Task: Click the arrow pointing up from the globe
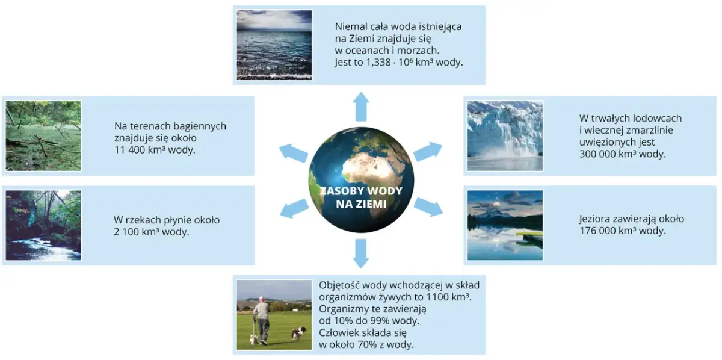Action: tap(361, 107)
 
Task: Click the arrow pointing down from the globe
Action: tap(361, 253)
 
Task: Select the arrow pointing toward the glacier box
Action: tap(428, 151)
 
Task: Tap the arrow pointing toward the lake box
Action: tap(428, 206)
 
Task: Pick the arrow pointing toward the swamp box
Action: tap(294, 153)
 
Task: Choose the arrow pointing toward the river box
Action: tap(294, 208)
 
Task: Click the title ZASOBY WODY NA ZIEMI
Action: tap(361, 197)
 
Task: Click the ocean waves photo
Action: tap(274, 45)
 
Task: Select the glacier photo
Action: tap(505, 136)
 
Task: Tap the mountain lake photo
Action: tap(505, 225)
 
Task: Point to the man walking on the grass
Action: tap(262, 321)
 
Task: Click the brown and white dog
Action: tap(299, 334)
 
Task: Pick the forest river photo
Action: tap(43, 225)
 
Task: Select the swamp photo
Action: tap(43, 136)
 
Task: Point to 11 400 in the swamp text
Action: tap(130, 150)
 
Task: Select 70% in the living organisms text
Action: tap(366, 345)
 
